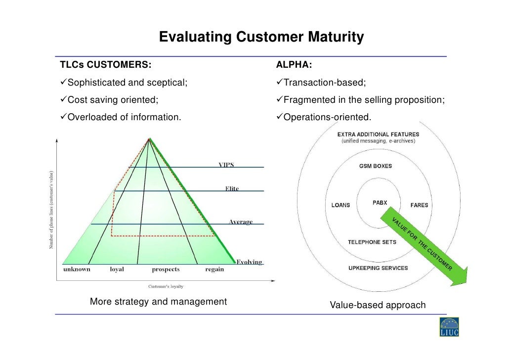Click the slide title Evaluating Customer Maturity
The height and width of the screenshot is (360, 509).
(x=261, y=38)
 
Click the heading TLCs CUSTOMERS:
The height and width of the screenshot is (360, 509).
(x=106, y=65)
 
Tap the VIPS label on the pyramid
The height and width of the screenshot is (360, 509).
(x=226, y=165)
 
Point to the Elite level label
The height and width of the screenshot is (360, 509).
(x=232, y=189)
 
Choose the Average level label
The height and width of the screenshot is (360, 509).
(x=240, y=222)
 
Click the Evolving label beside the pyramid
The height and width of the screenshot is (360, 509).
(x=249, y=262)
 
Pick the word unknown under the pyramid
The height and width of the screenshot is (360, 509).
(x=77, y=270)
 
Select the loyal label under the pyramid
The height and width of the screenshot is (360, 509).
(x=117, y=270)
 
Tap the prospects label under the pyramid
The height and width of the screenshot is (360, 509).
(x=166, y=270)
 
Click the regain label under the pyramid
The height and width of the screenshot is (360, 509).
(x=214, y=270)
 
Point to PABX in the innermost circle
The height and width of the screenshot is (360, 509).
(x=380, y=202)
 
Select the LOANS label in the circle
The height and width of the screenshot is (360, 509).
(x=340, y=205)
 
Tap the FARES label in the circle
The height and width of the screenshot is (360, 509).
(x=419, y=205)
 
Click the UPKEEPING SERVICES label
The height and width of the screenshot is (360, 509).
(x=378, y=268)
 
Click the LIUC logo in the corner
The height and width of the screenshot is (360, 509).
(x=449, y=327)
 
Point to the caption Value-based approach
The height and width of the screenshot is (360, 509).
(x=378, y=305)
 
